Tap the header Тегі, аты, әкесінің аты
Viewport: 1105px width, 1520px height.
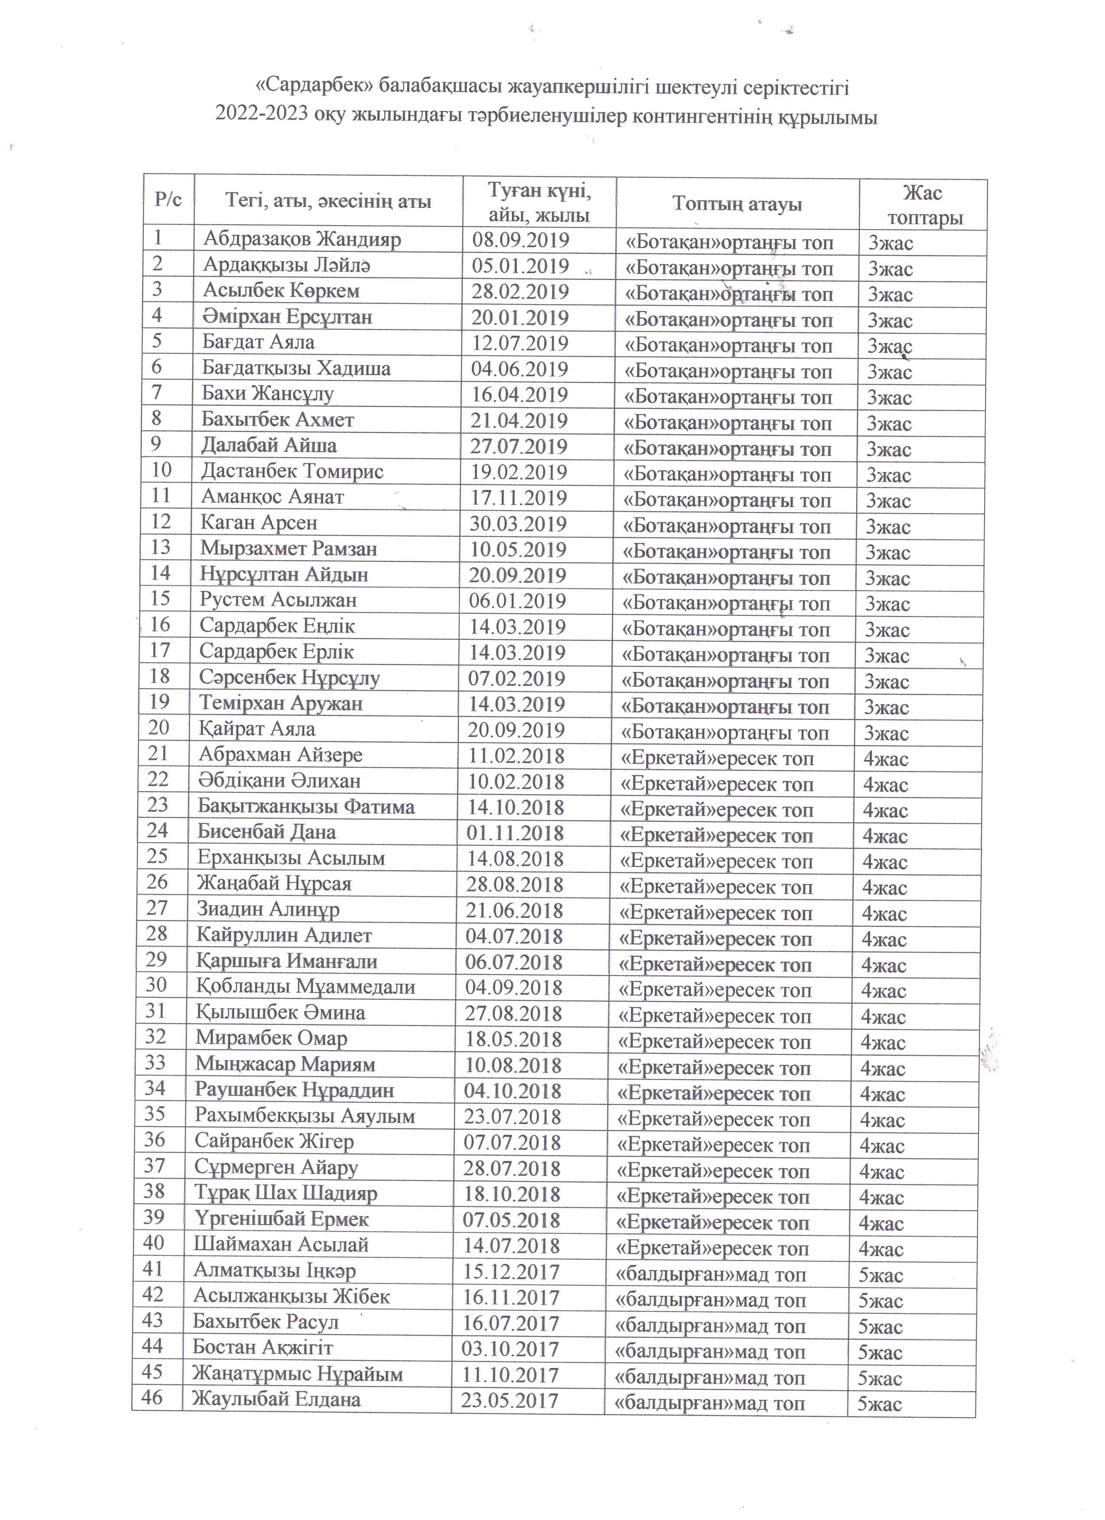328,201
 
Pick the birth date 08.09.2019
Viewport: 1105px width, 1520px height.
520,240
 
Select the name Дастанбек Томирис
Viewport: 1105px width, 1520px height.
292,471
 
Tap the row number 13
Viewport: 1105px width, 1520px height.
161,547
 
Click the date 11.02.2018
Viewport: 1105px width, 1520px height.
517,756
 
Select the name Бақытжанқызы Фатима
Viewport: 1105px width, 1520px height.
306,806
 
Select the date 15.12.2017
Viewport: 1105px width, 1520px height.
511,1271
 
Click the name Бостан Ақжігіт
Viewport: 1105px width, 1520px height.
263,1347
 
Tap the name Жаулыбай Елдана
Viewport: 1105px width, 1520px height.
276,1399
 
